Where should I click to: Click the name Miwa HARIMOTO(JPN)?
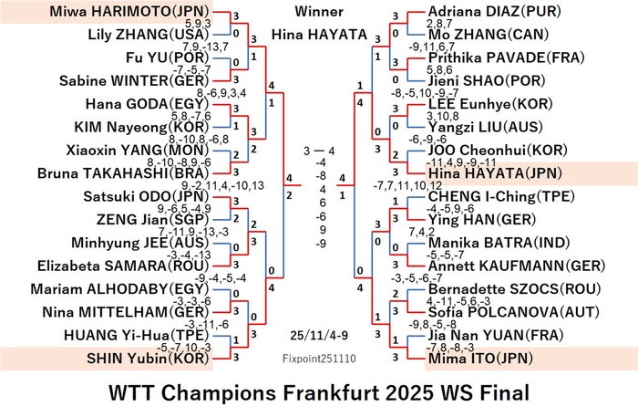[x=129, y=11]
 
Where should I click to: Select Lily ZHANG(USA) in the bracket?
[x=148, y=34]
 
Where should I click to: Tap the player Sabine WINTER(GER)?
[x=134, y=80]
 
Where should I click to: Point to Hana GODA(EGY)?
[x=144, y=104]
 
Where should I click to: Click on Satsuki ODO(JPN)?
[x=146, y=196]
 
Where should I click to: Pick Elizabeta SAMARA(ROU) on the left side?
[x=123, y=266]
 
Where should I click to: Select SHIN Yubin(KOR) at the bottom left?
[x=148, y=359]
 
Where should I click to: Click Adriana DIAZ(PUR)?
[x=495, y=11]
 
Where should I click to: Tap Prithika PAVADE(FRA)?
[x=507, y=57]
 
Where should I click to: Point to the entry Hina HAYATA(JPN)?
[x=495, y=173]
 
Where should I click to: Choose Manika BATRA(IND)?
[x=499, y=243]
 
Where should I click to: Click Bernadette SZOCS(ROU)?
[x=515, y=289]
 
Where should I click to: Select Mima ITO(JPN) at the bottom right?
[x=481, y=359]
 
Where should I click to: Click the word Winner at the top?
[x=319, y=11]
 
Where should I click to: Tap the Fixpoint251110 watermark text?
[x=319, y=359]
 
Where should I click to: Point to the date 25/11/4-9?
[x=319, y=335]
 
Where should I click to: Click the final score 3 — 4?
[x=319, y=151]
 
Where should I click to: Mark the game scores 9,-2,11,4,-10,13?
[x=222, y=186]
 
